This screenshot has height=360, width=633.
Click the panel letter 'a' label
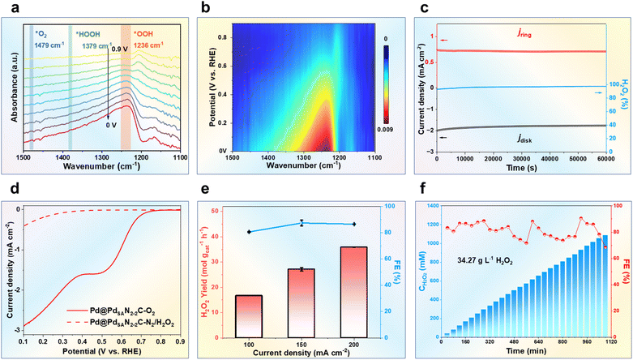[8, 8]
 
